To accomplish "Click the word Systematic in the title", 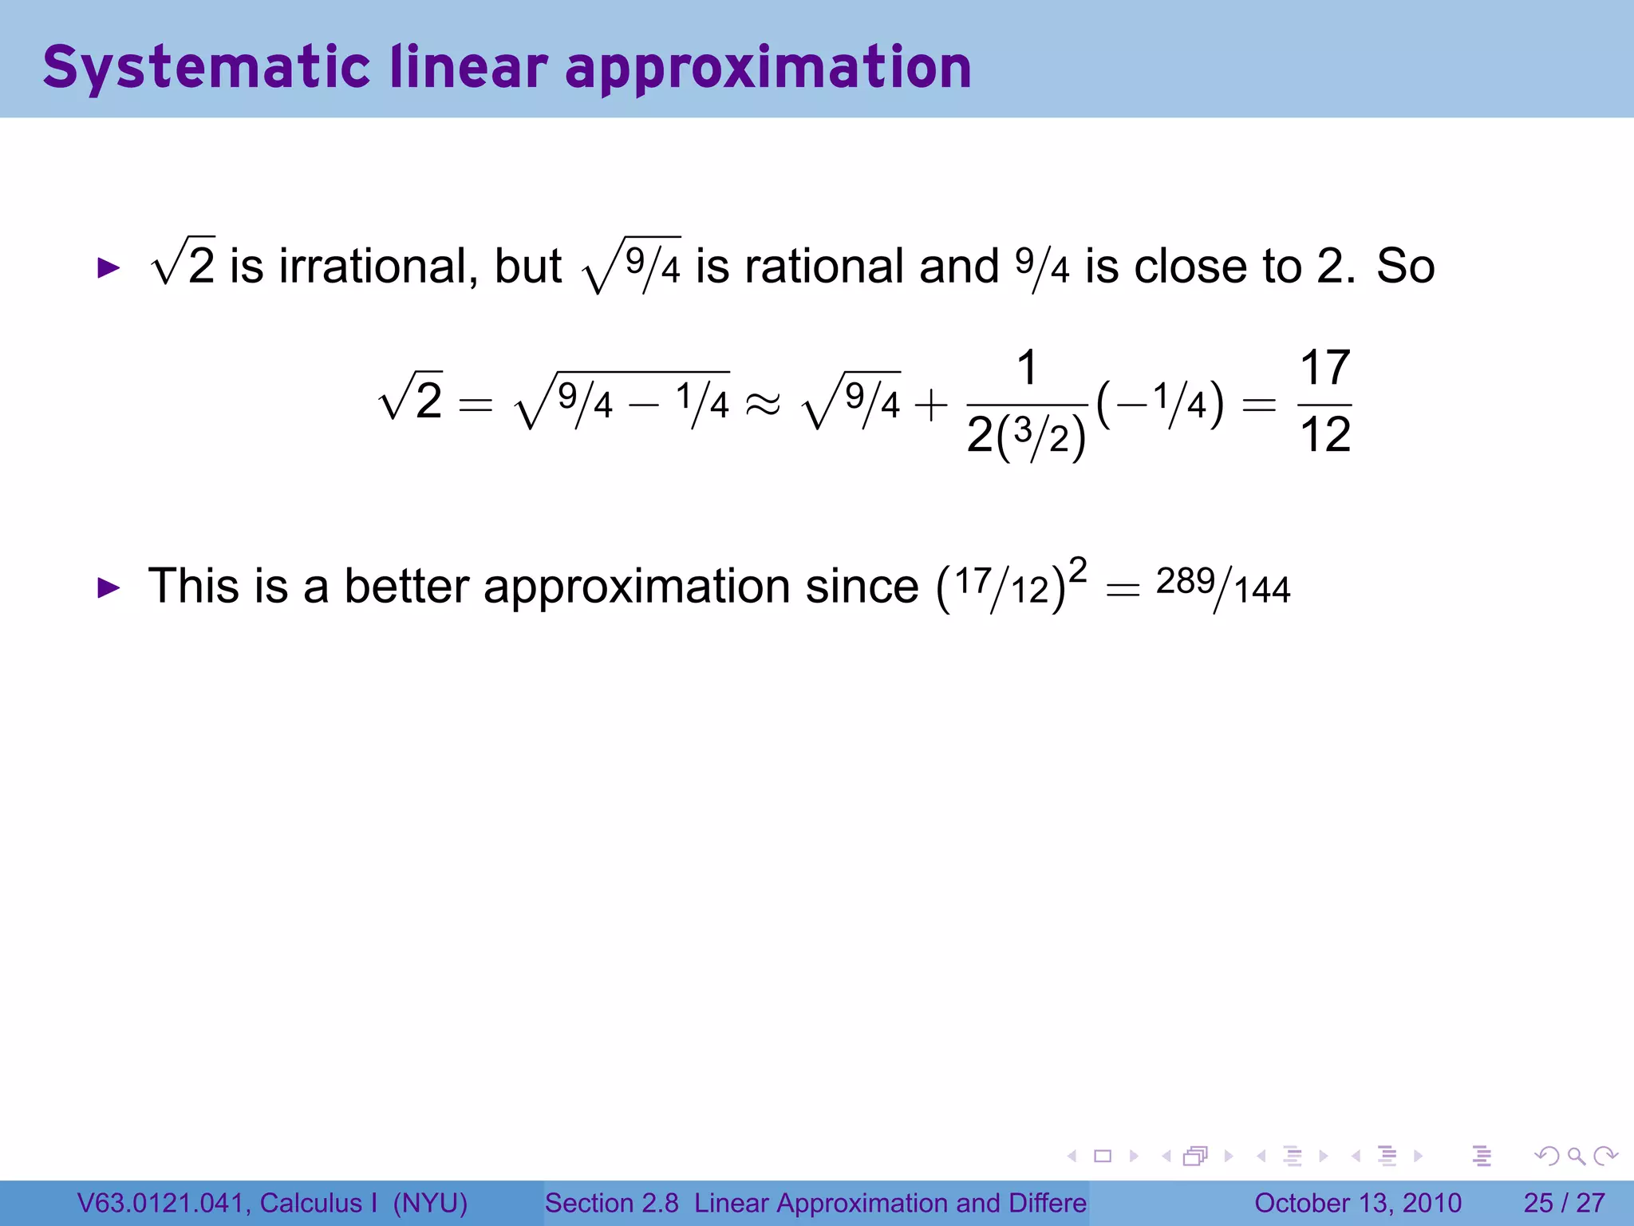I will pos(206,69).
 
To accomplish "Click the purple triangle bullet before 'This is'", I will pos(108,589).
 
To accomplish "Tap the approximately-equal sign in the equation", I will pos(763,405).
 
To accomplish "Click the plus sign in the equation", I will pos(930,405).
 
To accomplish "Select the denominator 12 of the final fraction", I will pos(1325,436).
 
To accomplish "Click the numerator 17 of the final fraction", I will pos(1325,369).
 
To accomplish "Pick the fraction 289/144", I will pos(1222,587).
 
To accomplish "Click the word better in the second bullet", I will pos(406,587).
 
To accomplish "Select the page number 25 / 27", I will pos(1564,1203).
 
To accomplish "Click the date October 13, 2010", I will pos(1357,1203).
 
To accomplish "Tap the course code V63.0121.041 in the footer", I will pos(160,1203).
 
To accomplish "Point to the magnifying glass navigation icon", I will pos(1576,1156).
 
